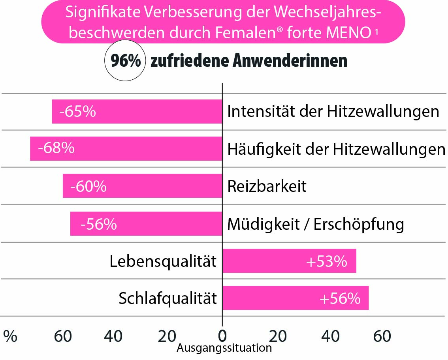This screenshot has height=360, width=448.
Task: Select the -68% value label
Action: click(56, 148)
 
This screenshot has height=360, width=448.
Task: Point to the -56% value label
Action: click(98, 224)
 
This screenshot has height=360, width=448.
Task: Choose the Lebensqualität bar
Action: click(289, 261)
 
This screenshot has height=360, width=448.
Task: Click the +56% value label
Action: click(340, 298)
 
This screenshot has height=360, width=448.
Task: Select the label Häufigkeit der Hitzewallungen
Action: click(336, 149)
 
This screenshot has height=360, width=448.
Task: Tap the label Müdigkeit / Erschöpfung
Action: click(315, 224)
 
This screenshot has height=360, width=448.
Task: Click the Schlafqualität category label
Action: click(168, 298)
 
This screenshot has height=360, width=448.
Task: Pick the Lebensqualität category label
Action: click(163, 261)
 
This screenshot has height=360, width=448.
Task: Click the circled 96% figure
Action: click(125, 62)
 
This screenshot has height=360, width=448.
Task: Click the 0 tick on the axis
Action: click(222, 336)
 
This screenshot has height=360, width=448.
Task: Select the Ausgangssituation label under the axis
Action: click(224, 348)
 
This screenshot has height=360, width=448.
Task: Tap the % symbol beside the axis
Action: click(10, 336)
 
